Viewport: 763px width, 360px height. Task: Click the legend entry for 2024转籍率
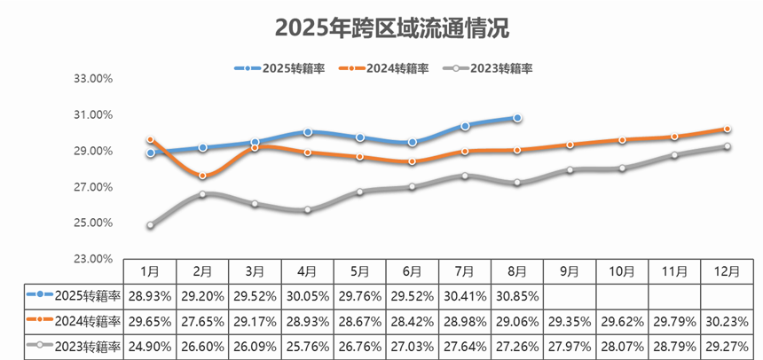387,68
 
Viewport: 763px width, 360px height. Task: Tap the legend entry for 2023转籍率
491,68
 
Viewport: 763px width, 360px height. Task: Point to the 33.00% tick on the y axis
92,79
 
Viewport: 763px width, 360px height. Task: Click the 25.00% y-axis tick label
92,223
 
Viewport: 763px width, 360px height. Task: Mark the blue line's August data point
517,118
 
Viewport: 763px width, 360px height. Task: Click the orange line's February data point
203,176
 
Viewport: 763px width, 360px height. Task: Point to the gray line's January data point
151,225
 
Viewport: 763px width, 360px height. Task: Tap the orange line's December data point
728,129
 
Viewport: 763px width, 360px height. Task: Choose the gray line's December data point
728,146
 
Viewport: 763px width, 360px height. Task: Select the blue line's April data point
308,132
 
